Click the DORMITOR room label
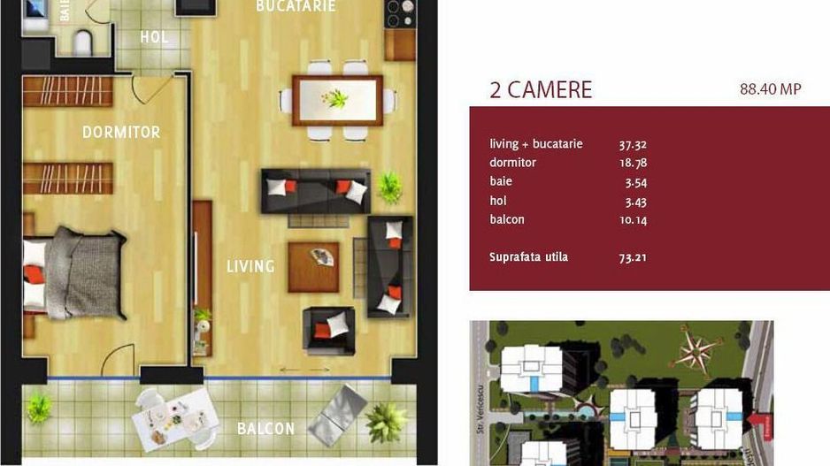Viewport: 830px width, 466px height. pyautogui.click(x=121, y=133)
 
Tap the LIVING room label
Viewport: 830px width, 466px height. pyautogui.click(x=250, y=266)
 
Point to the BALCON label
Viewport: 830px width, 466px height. pyautogui.click(x=265, y=429)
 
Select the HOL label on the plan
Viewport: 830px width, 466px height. pyautogui.click(x=154, y=37)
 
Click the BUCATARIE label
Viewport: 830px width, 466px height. pyautogui.click(x=296, y=6)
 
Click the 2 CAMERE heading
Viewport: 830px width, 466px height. pyautogui.click(x=541, y=90)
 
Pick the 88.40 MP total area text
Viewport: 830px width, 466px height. pyautogui.click(x=770, y=89)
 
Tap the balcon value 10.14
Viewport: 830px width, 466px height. pyautogui.click(x=634, y=219)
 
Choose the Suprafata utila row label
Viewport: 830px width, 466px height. pyautogui.click(x=528, y=257)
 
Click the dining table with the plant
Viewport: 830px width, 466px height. pyautogui.click(x=337, y=98)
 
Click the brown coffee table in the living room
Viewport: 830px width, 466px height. pyautogui.click(x=313, y=266)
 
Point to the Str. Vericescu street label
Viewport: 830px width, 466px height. pyautogui.click(x=482, y=416)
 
